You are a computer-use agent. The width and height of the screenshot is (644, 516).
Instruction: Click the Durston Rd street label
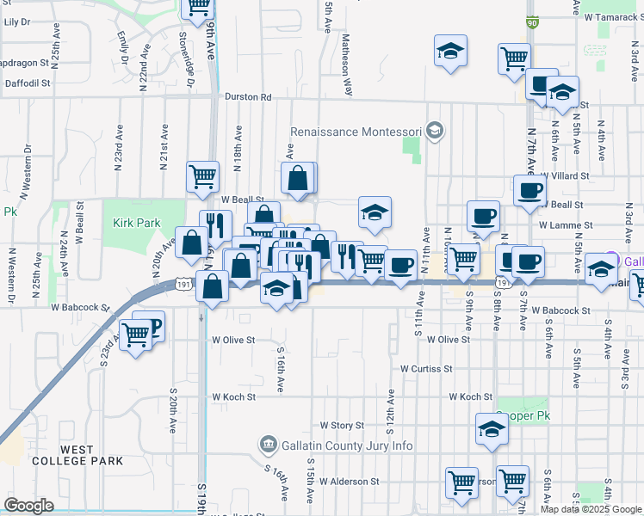(248, 97)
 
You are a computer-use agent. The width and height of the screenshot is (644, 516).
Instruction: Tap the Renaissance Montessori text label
(355, 132)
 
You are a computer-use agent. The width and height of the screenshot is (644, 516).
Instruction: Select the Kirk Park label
(137, 223)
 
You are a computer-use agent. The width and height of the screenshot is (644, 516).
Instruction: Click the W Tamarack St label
(613, 16)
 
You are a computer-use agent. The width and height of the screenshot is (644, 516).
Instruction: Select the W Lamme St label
(566, 225)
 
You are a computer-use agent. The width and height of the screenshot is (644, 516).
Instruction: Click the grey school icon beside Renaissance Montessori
(435, 131)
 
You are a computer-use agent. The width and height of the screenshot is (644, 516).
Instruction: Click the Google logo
(29, 506)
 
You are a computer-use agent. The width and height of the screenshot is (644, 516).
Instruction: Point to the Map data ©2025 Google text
(590, 509)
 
